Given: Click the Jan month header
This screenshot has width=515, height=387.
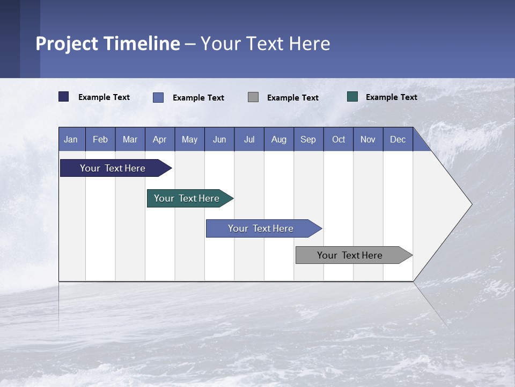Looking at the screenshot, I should click(x=71, y=139).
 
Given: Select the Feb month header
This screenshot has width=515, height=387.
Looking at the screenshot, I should click(x=100, y=139).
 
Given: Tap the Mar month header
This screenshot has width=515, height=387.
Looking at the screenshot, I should click(x=130, y=139).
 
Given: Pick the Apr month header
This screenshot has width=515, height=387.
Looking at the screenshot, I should click(x=160, y=139).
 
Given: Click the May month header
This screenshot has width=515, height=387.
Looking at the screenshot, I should click(x=189, y=139).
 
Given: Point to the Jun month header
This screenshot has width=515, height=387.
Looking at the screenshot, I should click(x=219, y=139).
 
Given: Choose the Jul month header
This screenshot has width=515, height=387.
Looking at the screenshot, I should click(x=249, y=139).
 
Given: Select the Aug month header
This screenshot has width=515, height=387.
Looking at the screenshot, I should click(x=279, y=139).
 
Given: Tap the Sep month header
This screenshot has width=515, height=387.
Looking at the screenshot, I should click(x=308, y=139).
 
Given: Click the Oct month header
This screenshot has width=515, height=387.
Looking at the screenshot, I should click(x=339, y=139).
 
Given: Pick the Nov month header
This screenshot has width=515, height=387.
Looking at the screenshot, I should click(x=368, y=139).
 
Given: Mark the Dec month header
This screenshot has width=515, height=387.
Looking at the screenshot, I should click(x=398, y=139).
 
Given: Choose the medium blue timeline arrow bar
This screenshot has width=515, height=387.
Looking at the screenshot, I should click(x=261, y=228).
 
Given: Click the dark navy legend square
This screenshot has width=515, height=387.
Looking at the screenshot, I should click(x=64, y=97).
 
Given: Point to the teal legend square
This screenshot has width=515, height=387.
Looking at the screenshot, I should click(x=352, y=97).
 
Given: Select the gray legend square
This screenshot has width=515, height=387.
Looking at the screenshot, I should click(x=253, y=97).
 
